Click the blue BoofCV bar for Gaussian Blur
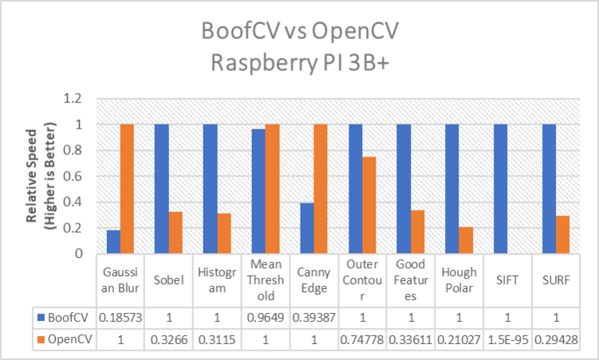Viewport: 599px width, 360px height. tap(113, 242)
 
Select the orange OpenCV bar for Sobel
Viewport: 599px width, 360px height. tap(175, 232)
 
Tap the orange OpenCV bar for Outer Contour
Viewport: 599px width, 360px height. tap(369, 205)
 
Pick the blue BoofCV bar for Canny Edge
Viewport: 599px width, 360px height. tap(307, 228)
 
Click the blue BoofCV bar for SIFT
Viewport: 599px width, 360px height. tap(500, 189)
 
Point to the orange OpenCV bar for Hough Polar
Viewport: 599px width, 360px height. tap(466, 240)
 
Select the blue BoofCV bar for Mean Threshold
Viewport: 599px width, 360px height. tap(258, 191)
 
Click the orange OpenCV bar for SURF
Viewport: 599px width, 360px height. tap(562, 235)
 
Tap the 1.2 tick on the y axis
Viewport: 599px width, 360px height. tap(73, 99)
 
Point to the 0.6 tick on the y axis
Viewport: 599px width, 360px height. tap(73, 176)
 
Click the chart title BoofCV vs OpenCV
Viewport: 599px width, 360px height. tap(300, 30)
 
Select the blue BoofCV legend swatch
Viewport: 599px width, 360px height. tap(41, 318)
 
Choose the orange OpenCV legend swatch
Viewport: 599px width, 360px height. tap(41, 339)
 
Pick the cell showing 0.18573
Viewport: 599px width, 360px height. tap(120, 318)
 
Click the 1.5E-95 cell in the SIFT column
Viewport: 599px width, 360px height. tap(508, 339)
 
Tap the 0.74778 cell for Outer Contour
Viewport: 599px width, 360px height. tap(362, 339)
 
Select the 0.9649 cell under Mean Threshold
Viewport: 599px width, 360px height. tap(266, 318)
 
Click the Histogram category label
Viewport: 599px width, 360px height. tap(217, 280)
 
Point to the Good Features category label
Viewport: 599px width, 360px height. tap(411, 280)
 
